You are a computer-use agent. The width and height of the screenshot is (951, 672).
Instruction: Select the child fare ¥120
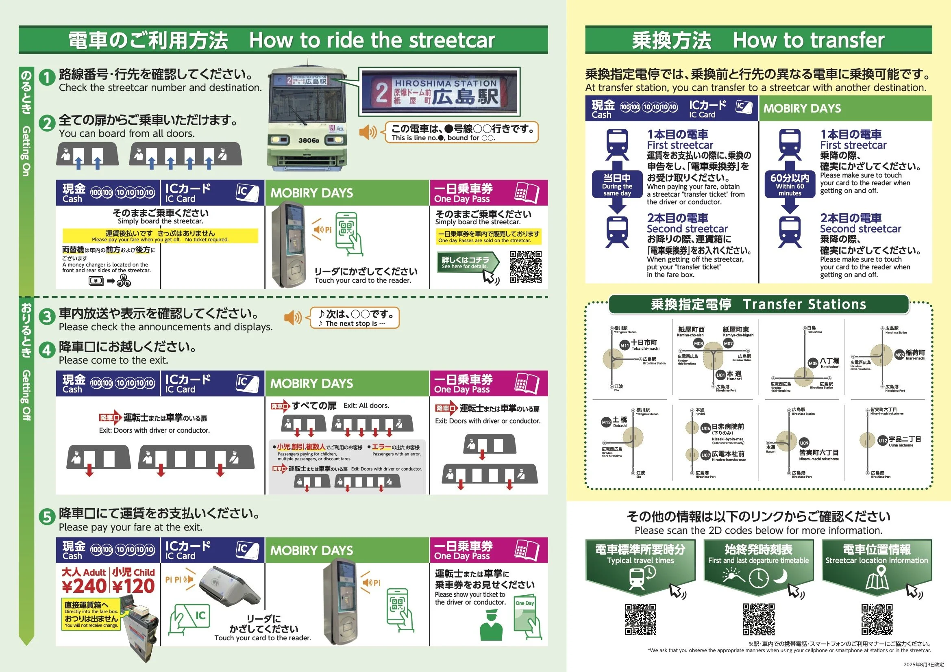click(x=133, y=586)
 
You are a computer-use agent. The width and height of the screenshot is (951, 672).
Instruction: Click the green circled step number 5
click(x=47, y=517)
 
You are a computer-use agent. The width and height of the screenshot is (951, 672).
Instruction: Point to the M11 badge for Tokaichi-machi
click(x=624, y=345)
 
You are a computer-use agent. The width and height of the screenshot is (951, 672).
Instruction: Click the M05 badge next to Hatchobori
click(x=813, y=363)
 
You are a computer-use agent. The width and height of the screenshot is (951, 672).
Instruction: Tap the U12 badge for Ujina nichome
click(x=883, y=441)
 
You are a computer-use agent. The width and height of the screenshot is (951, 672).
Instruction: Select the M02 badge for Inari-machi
click(x=899, y=355)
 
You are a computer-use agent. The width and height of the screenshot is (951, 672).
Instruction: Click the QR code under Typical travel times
click(x=640, y=619)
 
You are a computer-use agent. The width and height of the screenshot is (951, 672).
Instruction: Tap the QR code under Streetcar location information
click(x=877, y=619)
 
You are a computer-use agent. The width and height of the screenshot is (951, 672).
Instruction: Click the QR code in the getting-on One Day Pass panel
click(x=526, y=267)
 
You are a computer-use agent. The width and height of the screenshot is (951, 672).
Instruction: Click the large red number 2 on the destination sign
click(x=381, y=93)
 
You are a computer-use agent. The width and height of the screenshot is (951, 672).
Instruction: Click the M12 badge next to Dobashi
click(x=606, y=423)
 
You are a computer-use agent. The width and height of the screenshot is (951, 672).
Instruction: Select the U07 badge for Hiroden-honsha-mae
click(x=705, y=455)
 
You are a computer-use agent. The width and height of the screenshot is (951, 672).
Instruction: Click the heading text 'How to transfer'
click(x=809, y=40)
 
